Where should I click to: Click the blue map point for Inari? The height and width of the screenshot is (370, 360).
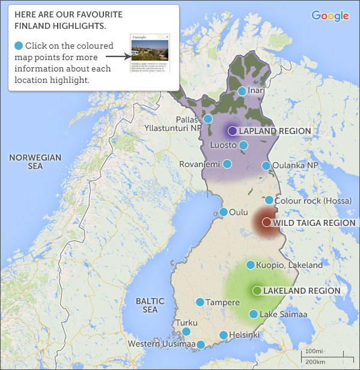tap(242, 91)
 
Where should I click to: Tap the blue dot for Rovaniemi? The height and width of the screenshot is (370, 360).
tap(227, 164)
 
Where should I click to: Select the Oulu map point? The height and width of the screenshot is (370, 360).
tap(224, 212)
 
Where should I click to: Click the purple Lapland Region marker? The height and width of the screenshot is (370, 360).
tap(232, 131)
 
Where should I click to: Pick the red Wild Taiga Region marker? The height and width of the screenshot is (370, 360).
tap(267, 222)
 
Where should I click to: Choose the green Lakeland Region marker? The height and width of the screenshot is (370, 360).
tap(257, 291)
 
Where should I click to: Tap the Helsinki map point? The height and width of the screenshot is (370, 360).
tap(224, 335)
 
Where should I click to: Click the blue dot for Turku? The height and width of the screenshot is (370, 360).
tap(186, 332)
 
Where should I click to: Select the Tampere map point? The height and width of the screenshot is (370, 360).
tap(200, 302)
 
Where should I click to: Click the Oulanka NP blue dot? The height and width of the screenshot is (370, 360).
tap(266, 166)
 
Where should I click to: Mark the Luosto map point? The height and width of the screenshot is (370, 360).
tap(243, 145)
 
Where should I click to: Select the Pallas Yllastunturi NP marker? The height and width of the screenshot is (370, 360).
tap(208, 119)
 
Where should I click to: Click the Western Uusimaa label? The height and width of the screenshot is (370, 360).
tap(162, 344)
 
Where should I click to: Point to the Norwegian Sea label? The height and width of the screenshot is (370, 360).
tap(35, 162)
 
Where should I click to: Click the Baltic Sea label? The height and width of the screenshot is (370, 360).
tap(146, 305)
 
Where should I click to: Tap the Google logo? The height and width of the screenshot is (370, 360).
tap(330, 16)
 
